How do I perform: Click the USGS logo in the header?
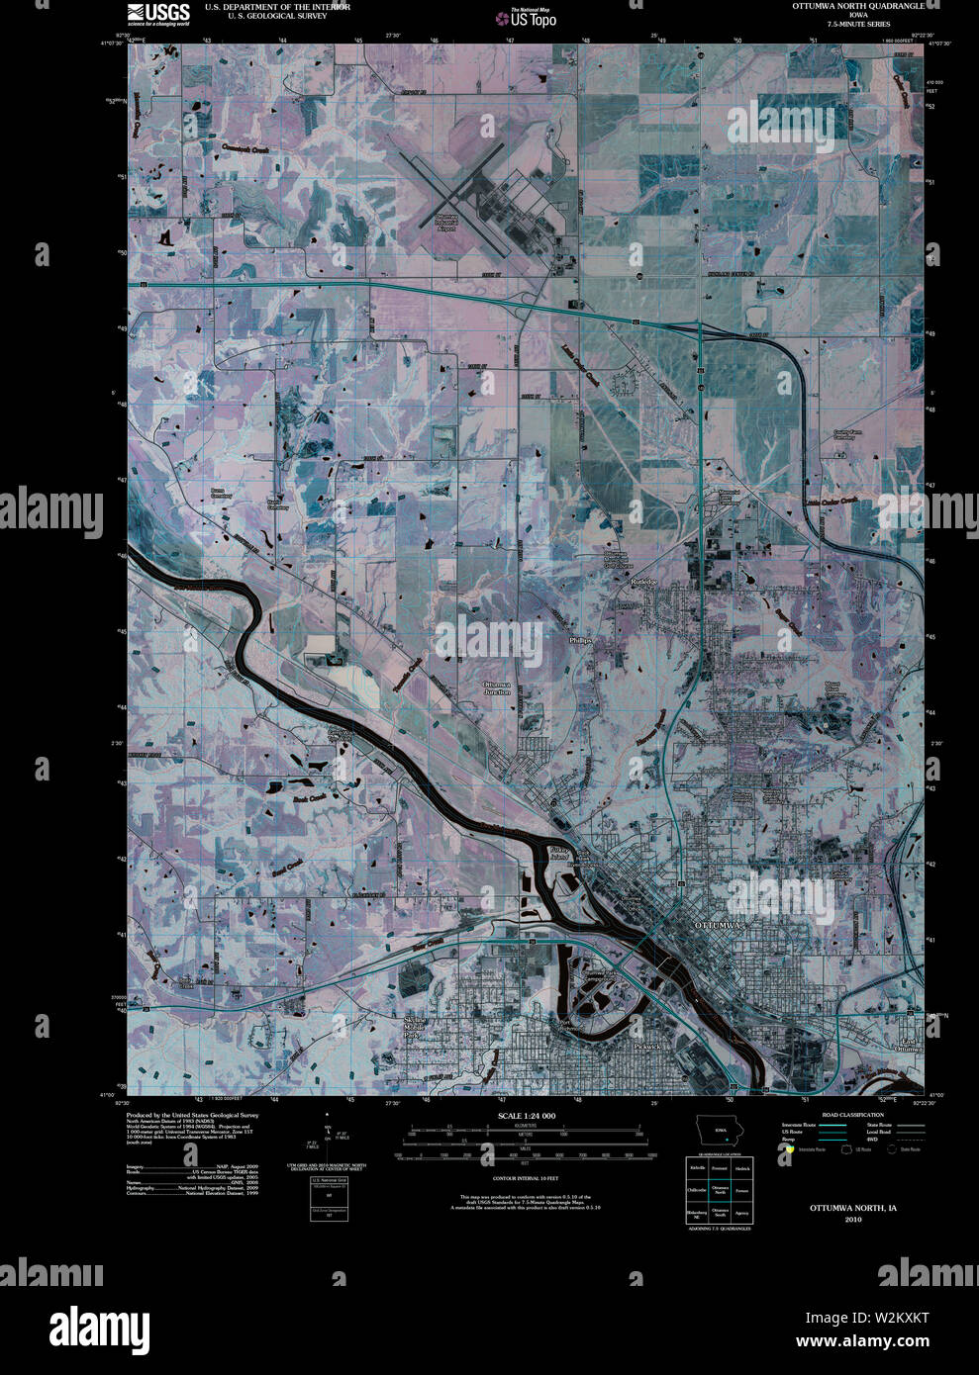tap(157, 14)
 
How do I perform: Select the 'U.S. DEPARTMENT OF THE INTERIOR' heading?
tap(277, 6)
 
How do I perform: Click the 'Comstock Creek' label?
tap(245, 148)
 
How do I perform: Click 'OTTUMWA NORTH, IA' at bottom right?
tap(852, 1208)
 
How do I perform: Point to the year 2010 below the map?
tap(852, 1220)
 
